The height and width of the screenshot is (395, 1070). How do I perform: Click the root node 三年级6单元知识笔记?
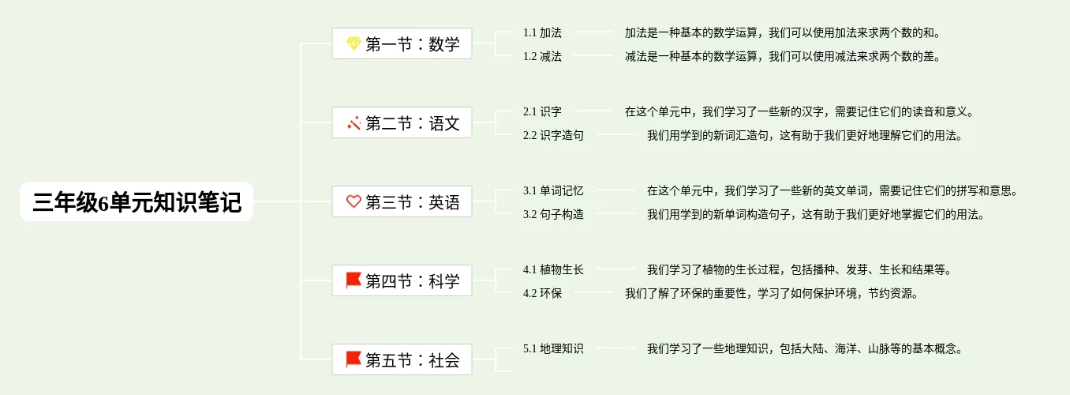pos(137,201)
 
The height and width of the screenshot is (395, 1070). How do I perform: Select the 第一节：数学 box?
pos(402,43)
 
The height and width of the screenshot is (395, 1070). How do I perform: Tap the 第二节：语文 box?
pos(402,122)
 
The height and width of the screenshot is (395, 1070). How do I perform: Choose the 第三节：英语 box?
pos(402,201)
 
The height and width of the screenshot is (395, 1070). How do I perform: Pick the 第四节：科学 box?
pos(402,280)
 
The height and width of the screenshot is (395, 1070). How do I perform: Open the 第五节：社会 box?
pos(402,359)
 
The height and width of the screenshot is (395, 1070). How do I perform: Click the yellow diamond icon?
pos(354,43)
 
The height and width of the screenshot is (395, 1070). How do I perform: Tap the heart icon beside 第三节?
pos(354,201)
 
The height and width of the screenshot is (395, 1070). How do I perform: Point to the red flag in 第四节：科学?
pos(354,280)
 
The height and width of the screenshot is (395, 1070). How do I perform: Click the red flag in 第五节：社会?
pos(354,359)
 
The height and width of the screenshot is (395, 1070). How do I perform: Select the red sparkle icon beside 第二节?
pos(354,123)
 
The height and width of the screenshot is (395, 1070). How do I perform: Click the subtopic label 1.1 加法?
pos(542,32)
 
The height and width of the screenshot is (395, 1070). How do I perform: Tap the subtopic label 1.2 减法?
pos(542,56)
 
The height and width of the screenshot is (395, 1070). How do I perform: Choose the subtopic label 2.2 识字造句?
pos(553,135)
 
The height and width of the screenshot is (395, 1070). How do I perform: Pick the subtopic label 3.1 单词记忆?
pos(553,190)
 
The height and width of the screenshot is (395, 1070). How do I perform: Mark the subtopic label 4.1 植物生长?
pos(553,269)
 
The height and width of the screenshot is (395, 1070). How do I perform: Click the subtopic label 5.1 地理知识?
pos(553,348)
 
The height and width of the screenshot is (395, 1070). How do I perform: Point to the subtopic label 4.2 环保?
pos(542,293)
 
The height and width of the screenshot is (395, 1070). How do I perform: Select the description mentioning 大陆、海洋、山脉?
pos(805,348)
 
